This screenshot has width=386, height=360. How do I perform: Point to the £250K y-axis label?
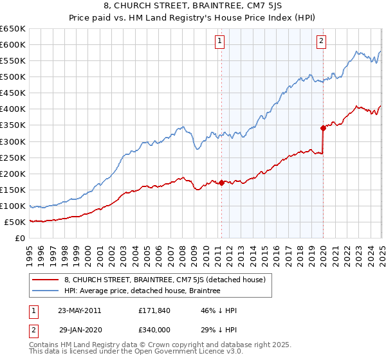point(13,157)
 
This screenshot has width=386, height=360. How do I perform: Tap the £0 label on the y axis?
point(20,239)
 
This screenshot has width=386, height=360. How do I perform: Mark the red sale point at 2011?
point(221,183)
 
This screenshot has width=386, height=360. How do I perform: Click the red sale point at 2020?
point(323,128)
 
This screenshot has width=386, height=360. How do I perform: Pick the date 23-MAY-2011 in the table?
point(79,310)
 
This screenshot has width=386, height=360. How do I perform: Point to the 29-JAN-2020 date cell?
point(79,328)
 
